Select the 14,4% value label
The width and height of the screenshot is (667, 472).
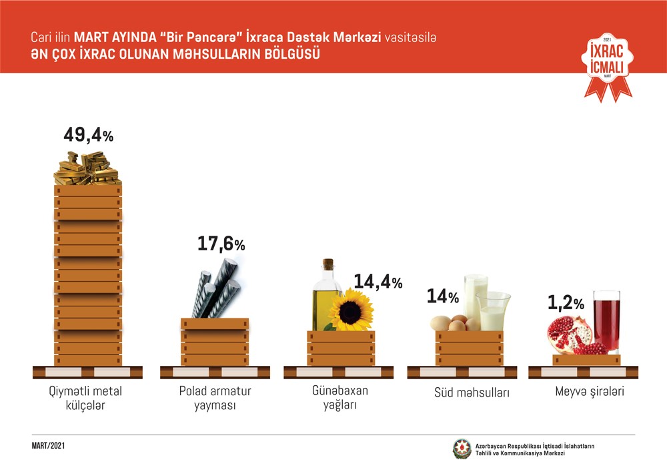[x=378, y=282]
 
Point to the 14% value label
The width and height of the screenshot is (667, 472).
[x=443, y=296]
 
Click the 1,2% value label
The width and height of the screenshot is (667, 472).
[x=566, y=304]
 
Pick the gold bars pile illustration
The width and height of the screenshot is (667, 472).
[x=87, y=168]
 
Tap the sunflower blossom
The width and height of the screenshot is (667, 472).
[x=351, y=311]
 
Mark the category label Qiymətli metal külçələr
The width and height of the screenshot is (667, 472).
[x=88, y=398]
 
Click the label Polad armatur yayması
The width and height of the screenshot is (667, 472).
[x=215, y=398]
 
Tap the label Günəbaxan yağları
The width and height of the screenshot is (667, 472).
[x=341, y=398]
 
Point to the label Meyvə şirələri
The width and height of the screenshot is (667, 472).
[x=590, y=392]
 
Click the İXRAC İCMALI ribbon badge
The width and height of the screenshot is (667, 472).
[x=607, y=65]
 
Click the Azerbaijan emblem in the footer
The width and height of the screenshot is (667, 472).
[x=461, y=449]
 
